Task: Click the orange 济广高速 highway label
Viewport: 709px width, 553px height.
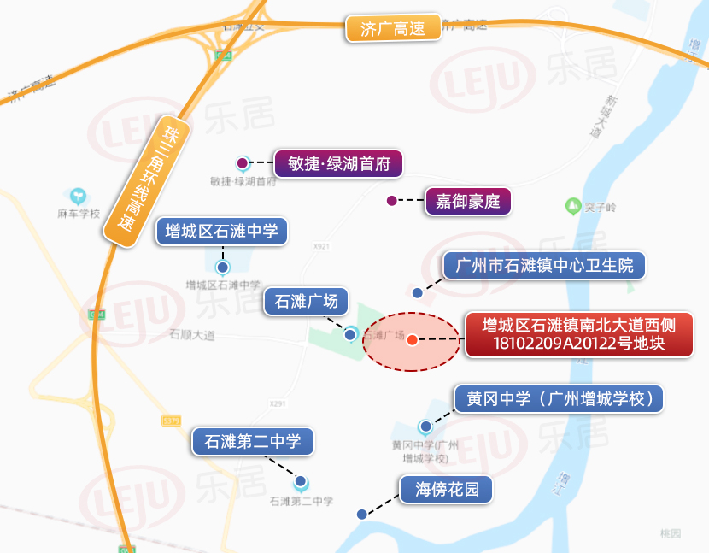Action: point(392,28)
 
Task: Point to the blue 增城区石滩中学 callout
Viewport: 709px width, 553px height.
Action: point(222,232)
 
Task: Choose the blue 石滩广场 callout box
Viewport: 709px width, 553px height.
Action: point(307,301)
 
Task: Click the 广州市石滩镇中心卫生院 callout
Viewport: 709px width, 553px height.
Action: point(544,266)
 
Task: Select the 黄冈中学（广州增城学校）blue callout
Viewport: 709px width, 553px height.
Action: point(560,399)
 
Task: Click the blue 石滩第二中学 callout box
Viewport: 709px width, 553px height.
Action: point(252,442)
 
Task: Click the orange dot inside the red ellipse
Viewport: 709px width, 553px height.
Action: point(412,340)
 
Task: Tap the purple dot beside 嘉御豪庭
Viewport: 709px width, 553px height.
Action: point(391,201)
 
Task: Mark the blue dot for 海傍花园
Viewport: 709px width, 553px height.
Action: point(362,515)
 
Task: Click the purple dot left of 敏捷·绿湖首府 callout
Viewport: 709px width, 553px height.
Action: point(243,162)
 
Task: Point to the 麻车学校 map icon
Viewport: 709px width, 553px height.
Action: point(78,196)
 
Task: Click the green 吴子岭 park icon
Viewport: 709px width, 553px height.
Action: point(571,205)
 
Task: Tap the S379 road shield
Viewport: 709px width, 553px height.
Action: point(172,420)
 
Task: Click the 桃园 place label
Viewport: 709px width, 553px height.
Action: point(671,533)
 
